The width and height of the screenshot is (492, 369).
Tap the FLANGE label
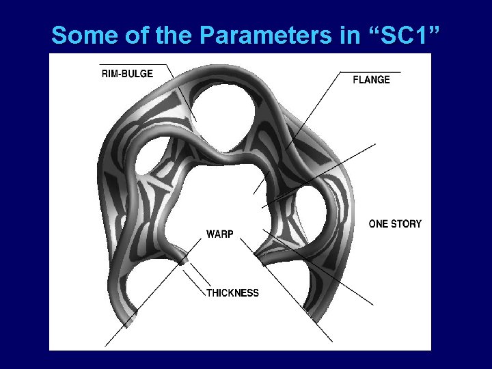(371, 79)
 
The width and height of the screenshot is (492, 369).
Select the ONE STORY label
(395, 223)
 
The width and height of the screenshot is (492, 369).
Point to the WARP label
(220, 234)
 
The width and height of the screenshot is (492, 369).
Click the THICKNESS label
(232, 293)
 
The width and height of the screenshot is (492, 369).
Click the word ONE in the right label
(378, 223)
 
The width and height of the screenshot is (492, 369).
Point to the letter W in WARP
(210, 234)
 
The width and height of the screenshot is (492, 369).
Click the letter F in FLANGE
(355, 79)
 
